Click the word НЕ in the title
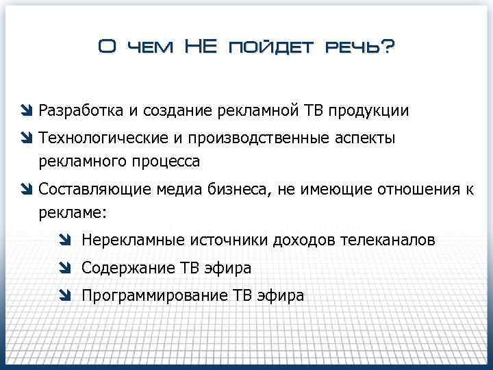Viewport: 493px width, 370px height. coord(200,47)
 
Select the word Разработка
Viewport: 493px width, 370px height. coord(81,110)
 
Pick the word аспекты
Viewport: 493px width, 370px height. coord(365,138)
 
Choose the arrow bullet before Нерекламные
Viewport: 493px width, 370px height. coord(65,241)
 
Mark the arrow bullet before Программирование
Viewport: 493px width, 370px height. coord(65,296)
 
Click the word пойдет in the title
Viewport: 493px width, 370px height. coord(271,47)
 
